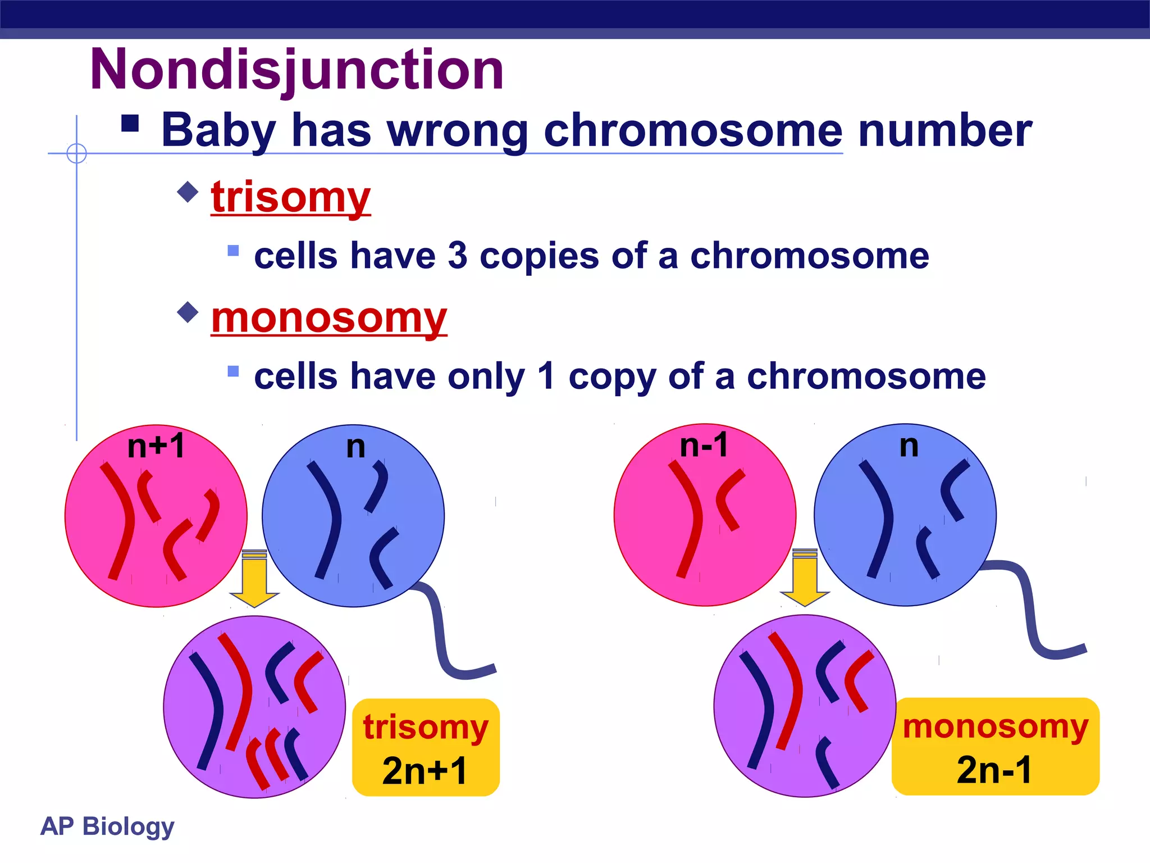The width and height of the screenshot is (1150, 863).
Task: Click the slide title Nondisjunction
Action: point(296,70)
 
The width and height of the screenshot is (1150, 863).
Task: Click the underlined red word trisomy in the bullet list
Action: point(290,197)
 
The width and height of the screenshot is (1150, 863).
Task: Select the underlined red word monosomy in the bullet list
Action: point(329,317)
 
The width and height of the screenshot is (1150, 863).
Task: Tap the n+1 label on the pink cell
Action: point(156,447)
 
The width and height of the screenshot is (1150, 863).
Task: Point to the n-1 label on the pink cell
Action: point(704,446)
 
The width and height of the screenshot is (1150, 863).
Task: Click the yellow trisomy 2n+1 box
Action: point(426,747)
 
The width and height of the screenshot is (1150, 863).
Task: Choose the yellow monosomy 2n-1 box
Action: point(995,746)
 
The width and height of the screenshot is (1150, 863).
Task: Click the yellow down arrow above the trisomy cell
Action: point(254,579)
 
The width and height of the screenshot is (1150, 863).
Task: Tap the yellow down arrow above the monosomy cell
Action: point(805,578)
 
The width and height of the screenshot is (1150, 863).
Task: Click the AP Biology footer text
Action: point(107,826)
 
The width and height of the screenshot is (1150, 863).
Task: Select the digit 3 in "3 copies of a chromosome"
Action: point(458,256)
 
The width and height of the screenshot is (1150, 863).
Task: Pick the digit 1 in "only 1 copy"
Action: point(546,376)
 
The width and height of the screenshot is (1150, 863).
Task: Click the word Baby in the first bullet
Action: point(218,131)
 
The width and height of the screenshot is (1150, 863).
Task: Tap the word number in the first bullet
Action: point(945,131)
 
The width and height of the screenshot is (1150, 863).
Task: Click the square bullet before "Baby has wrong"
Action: point(130,123)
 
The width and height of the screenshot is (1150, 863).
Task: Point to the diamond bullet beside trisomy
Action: point(188,192)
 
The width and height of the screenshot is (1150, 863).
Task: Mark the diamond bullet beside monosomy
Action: point(188,312)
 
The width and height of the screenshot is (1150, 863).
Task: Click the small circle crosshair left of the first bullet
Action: point(76,153)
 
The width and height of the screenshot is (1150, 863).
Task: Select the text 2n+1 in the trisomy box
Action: point(425,771)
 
